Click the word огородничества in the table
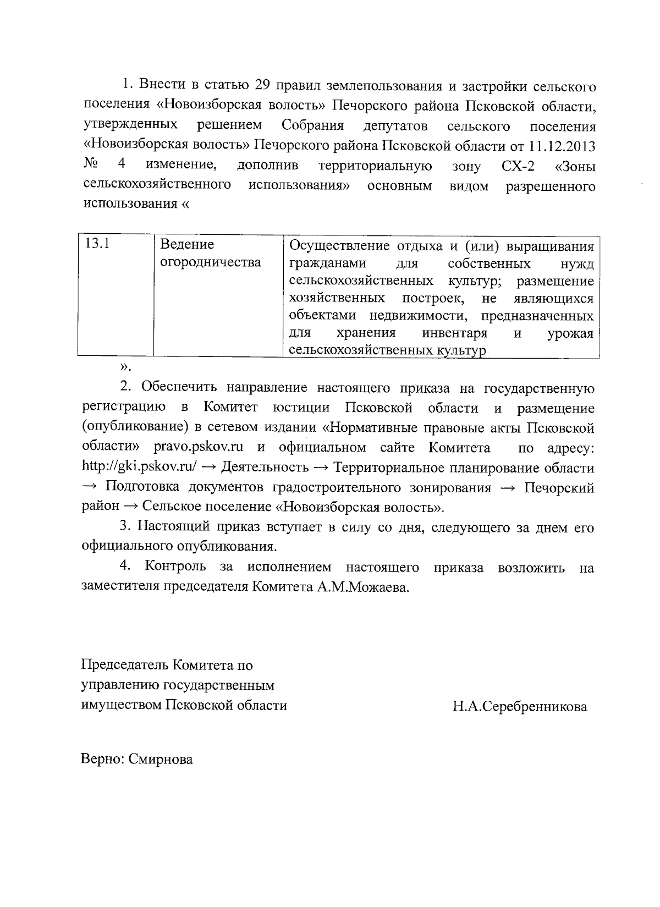(x=210, y=262)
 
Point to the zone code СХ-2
(x=518, y=166)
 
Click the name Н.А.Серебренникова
(x=520, y=706)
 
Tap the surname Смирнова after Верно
(x=161, y=760)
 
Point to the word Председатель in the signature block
(x=124, y=665)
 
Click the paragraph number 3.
(x=125, y=526)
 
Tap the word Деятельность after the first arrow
(x=265, y=468)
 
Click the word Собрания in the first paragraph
(x=312, y=126)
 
